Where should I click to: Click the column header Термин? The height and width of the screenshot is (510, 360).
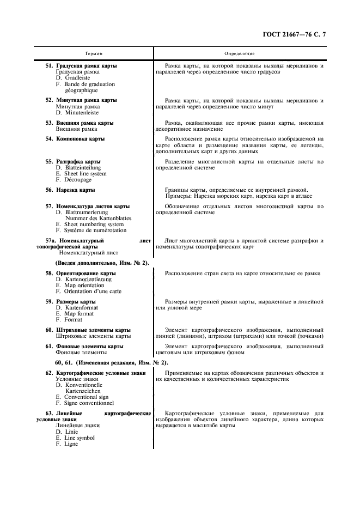(93, 53)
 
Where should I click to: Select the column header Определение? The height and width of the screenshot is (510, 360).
(239, 53)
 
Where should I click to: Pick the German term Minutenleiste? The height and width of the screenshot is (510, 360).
(76, 113)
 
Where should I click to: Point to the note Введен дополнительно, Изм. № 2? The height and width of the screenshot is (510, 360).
(102, 263)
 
